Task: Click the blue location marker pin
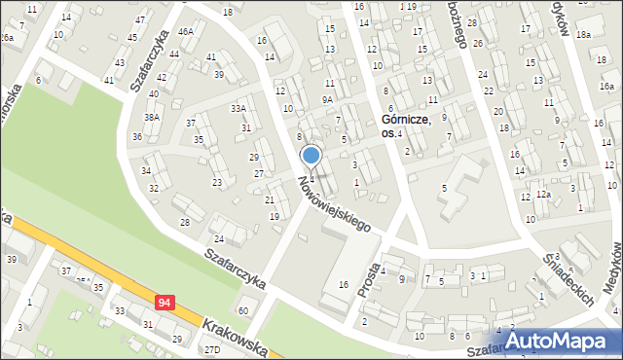[311, 156]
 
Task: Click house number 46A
[185, 31]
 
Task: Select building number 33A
[238, 109]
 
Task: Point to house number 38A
[152, 117]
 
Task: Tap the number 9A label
[327, 99]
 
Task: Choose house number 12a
[542, 195]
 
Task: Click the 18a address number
[583, 34]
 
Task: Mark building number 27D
[210, 348]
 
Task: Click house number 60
[242, 310]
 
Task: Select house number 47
[140, 19]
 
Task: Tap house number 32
[154, 188]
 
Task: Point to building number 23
[217, 182]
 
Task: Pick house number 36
[137, 136]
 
